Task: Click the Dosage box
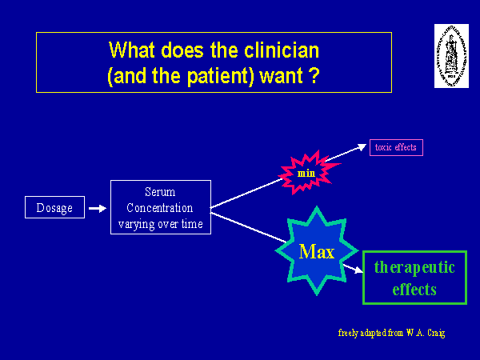54,208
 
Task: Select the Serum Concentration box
160,207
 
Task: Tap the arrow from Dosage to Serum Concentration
96,208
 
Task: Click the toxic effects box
395,147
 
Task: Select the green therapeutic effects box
414,278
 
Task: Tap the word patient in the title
225,77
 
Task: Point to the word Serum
160,192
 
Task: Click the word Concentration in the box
160,208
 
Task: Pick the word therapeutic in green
414,267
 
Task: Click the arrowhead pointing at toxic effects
359,150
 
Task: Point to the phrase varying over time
160,224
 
